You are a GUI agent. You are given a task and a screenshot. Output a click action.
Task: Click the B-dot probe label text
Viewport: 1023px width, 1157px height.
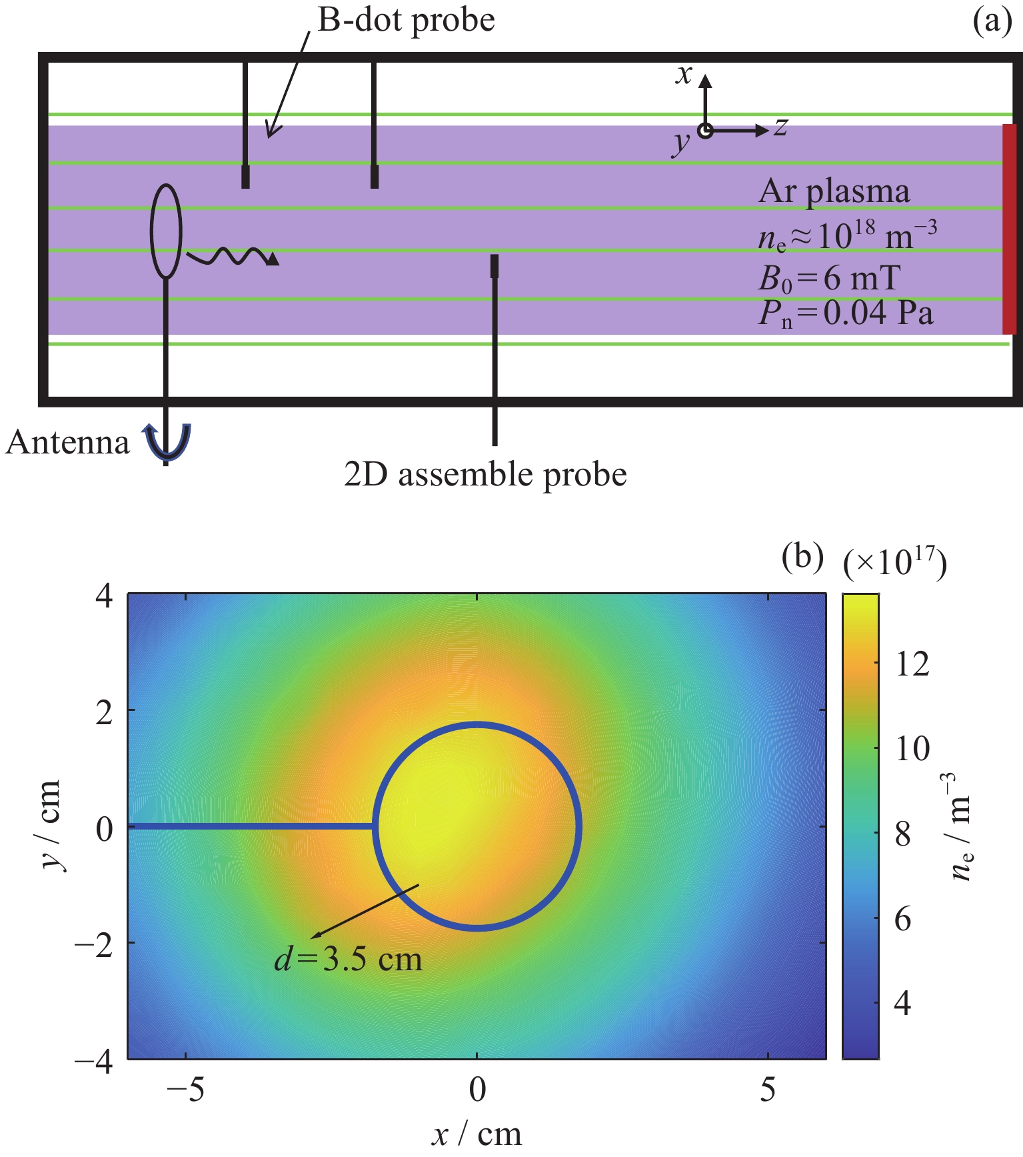[x=406, y=21]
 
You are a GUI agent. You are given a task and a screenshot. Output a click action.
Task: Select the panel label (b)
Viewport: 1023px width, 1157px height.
[x=802, y=556]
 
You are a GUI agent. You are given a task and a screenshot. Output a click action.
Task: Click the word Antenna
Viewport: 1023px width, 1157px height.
[x=67, y=443]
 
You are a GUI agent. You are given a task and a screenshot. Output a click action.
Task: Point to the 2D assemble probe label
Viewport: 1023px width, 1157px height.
[x=485, y=475]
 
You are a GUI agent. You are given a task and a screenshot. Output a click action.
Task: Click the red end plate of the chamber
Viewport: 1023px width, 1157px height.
[x=1009, y=229]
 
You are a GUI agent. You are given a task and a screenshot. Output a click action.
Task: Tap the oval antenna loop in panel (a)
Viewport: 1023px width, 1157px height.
[x=166, y=231]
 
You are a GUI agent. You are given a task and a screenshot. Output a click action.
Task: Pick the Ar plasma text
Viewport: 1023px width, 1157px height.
[x=834, y=191]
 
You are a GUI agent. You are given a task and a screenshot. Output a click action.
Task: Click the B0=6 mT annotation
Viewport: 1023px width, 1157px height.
[x=829, y=278]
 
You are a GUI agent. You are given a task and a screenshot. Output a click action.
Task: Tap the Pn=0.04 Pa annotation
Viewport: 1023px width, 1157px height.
[x=845, y=313]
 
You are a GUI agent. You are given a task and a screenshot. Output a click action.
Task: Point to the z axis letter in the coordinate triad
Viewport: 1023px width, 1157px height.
[x=780, y=127]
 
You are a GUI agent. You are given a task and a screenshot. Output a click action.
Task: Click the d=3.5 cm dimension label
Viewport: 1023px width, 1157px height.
[x=349, y=960]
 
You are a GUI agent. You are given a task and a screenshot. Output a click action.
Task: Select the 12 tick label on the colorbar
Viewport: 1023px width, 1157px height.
[x=912, y=664]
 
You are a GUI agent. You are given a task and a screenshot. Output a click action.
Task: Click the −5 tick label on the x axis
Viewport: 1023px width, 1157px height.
[x=186, y=1090]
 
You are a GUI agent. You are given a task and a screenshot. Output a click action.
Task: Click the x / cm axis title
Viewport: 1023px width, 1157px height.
[x=476, y=1134]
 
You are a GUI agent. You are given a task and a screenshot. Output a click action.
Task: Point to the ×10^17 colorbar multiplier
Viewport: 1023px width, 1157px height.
[x=894, y=564]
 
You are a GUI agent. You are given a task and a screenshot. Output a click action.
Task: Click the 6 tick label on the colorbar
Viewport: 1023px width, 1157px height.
[x=902, y=920]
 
